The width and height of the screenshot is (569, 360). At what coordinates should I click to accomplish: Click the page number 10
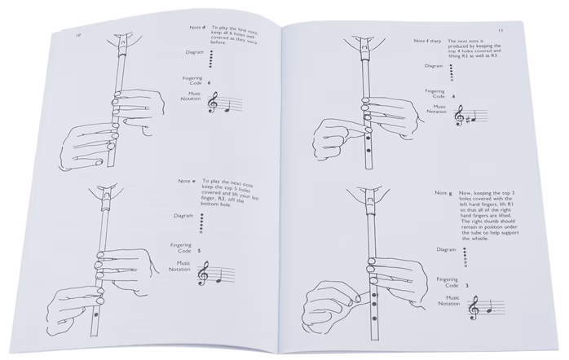pyautogui.click(x=78, y=37)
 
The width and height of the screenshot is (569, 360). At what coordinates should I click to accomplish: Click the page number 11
pyautogui.click(x=499, y=31)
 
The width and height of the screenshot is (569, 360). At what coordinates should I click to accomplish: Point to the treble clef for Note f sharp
pyautogui.click(x=459, y=118)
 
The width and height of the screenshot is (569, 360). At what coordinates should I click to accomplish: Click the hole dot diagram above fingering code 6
pyautogui.click(x=210, y=59)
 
